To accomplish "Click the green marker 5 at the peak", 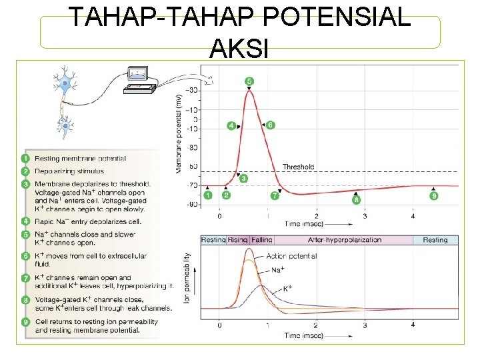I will point(249,81).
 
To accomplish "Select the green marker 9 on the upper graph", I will point(434,195).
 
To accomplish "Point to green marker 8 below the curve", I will point(356,199).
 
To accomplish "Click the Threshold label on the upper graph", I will point(298,167).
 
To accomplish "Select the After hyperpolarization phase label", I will point(344,240).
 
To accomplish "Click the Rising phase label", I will point(238,240).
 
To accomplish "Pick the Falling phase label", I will point(261,240).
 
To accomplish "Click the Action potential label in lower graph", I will point(291,256).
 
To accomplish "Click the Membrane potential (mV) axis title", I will point(178,133).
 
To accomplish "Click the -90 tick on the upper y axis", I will point(191,205).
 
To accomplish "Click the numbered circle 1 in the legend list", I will point(25,159).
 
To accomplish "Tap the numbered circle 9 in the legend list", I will point(25,321).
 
